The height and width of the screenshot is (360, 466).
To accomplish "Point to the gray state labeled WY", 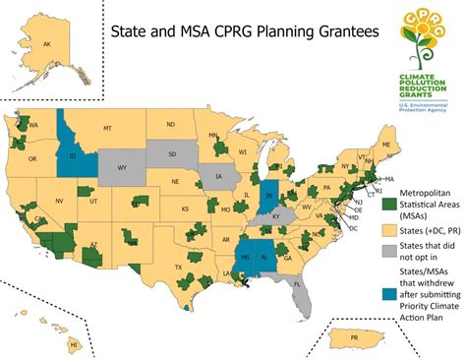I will click(x=123, y=167).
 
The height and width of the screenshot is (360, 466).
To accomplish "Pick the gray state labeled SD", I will click(x=173, y=153).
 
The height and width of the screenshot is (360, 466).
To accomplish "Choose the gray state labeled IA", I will click(x=218, y=178).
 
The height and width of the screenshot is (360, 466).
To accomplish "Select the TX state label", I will click(x=179, y=266).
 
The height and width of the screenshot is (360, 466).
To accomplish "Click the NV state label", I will click(x=59, y=200).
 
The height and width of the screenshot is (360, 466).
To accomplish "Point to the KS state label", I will click(x=185, y=209).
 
